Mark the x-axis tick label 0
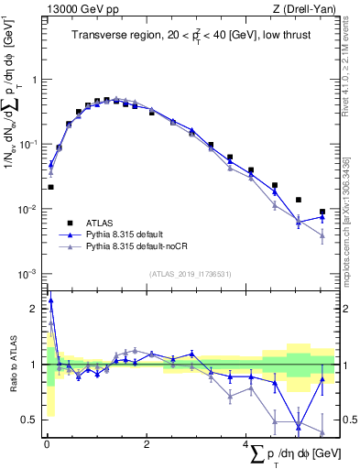point(47,444)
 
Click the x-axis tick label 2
point(147,444)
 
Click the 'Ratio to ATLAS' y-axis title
point(11,364)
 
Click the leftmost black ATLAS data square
point(50,187)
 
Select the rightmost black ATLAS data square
point(322,212)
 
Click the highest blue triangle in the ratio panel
point(50,300)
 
